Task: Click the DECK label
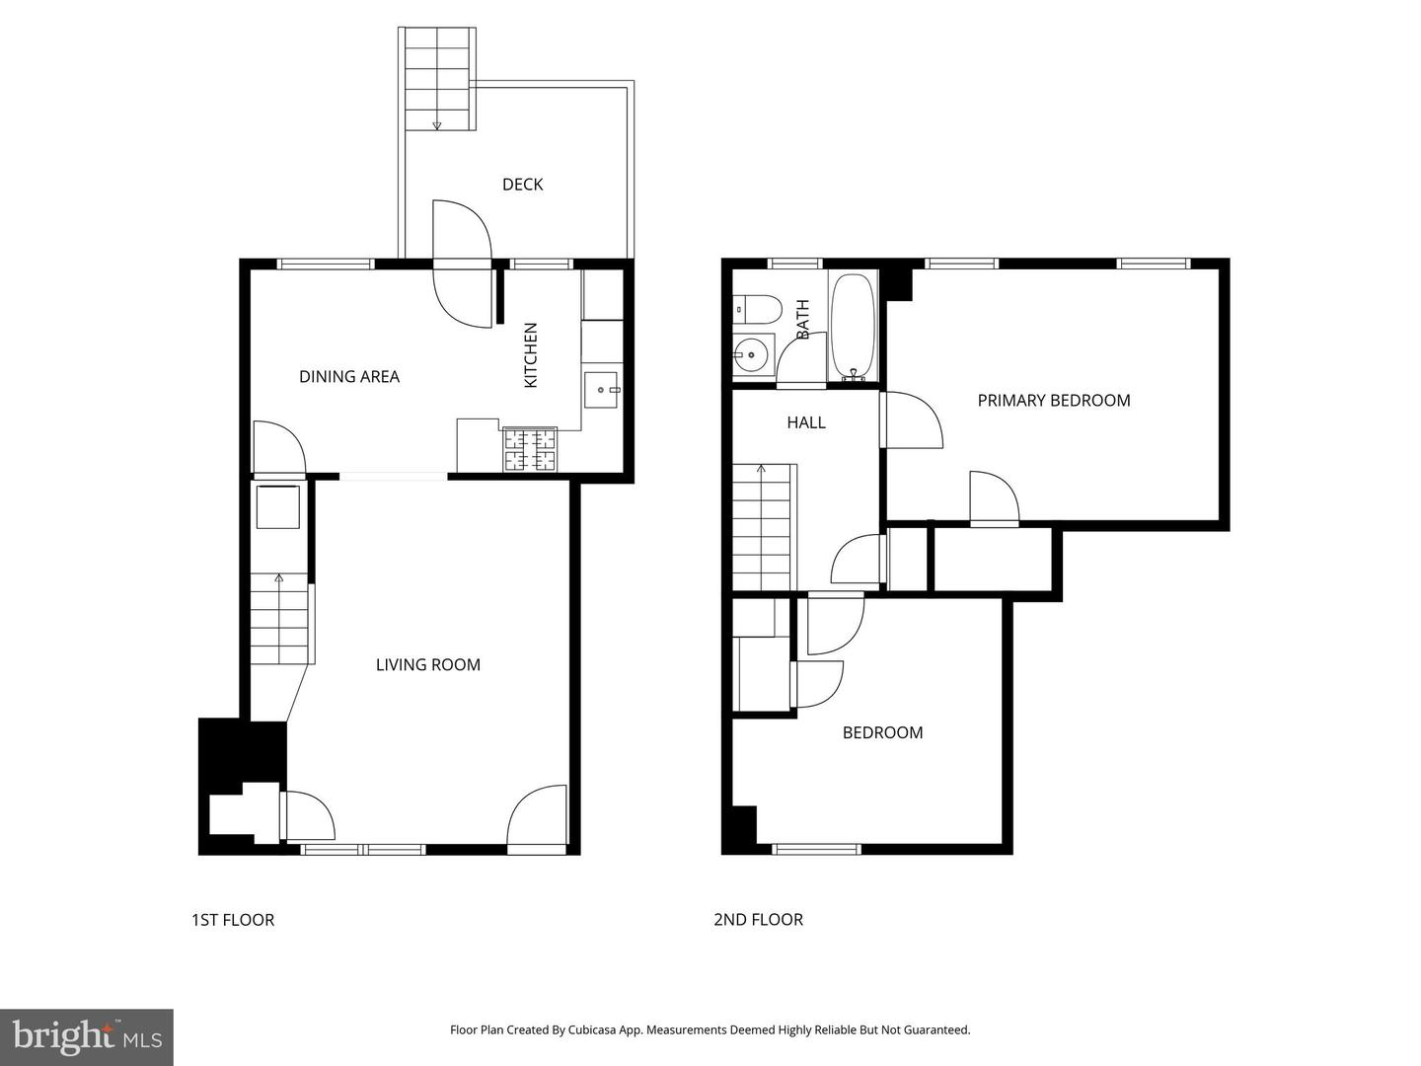pyautogui.click(x=522, y=185)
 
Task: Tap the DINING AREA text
pyautogui.click(x=349, y=376)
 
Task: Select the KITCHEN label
pyautogui.click(x=531, y=355)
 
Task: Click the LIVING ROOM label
pyautogui.click(x=428, y=664)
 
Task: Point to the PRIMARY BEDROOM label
pyautogui.click(x=1053, y=400)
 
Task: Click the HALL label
pyautogui.click(x=806, y=422)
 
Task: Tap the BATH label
pyautogui.click(x=803, y=320)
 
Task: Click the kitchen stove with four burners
pyautogui.click(x=531, y=450)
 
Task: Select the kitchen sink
pyautogui.click(x=601, y=390)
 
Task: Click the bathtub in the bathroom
pyautogui.click(x=853, y=327)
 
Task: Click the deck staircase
pyautogui.click(x=438, y=79)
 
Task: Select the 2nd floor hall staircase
pyautogui.click(x=762, y=527)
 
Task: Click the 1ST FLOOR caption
pyautogui.click(x=233, y=920)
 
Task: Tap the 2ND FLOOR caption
pyautogui.click(x=758, y=920)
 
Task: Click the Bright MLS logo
pyautogui.click(x=87, y=1036)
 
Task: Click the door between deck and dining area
pyautogui.click(x=462, y=263)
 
